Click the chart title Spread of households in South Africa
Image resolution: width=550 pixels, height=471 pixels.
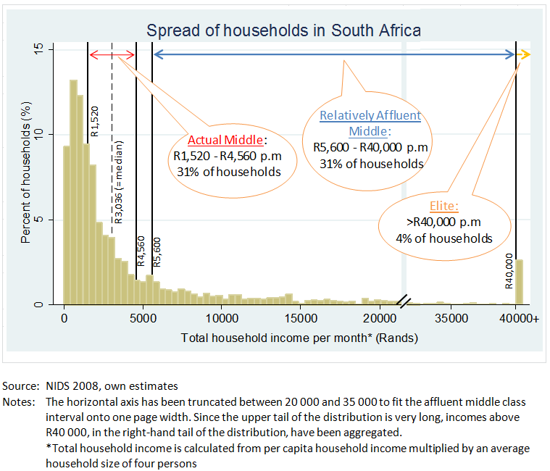[283, 30]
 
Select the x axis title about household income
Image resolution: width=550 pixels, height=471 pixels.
[299, 338]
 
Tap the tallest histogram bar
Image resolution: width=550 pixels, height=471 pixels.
[74, 192]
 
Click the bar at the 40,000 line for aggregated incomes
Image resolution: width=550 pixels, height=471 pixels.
[520, 283]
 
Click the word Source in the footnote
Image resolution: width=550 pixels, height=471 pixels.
[20, 385]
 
